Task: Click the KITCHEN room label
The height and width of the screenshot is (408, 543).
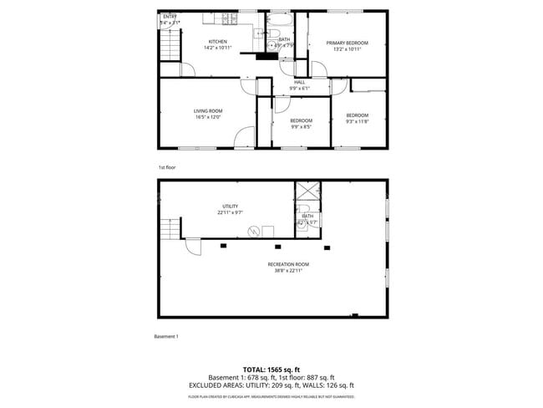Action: (x=218, y=41)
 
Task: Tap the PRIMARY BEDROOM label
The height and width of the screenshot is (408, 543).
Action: (x=347, y=43)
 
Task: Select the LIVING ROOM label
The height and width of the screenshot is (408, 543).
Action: (x=208, y=110)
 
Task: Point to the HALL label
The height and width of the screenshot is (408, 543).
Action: (x=299, y=82)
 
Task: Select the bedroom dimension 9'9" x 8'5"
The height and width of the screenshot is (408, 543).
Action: (x=301, y=127)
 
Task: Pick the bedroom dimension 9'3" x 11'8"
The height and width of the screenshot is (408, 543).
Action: (x=358, y=122)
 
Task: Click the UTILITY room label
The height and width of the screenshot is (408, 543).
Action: (x=230, y=206)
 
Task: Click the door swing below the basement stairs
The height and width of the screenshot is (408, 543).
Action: (x=193, y=246)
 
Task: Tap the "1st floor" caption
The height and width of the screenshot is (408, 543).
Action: (x=167, y=167)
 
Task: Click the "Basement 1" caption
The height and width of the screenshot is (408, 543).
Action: (x=166, y=336)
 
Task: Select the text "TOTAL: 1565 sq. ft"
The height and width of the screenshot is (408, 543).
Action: (x=271, y=369)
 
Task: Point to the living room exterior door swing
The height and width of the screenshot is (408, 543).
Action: (x=244, y=137)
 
